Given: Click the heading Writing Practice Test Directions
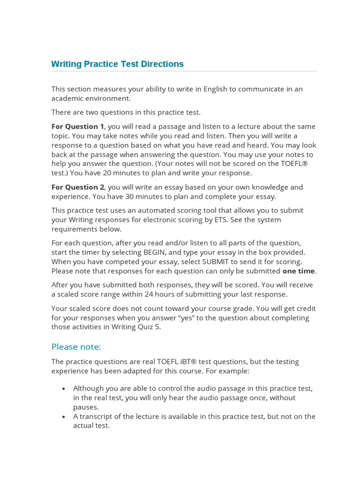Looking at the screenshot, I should tap(117, 64).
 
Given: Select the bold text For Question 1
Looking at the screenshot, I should tap(78, 127).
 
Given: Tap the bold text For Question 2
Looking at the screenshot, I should tap(78, 187).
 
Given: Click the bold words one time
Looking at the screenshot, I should tap(299, 271).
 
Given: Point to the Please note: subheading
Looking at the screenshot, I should tap(76, 347).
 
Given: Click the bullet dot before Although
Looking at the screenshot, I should tap(63, 389).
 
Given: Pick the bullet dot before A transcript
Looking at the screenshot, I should tap(63, 417).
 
